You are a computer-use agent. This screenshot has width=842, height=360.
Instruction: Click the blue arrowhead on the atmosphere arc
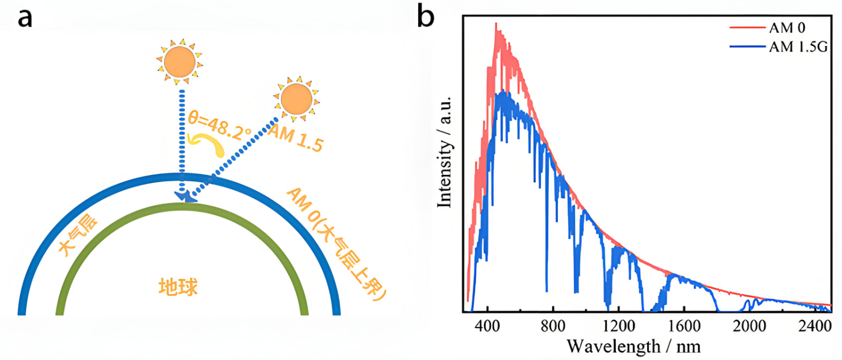coord(186,196)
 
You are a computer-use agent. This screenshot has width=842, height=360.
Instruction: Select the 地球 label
coord(178,287)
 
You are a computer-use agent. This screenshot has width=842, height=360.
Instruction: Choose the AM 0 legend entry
coord(784,27)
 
